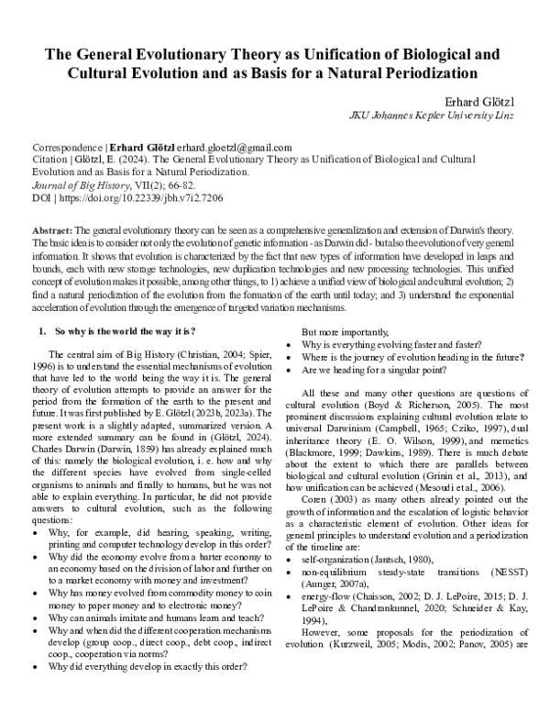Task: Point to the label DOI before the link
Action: tap(41, 195)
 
